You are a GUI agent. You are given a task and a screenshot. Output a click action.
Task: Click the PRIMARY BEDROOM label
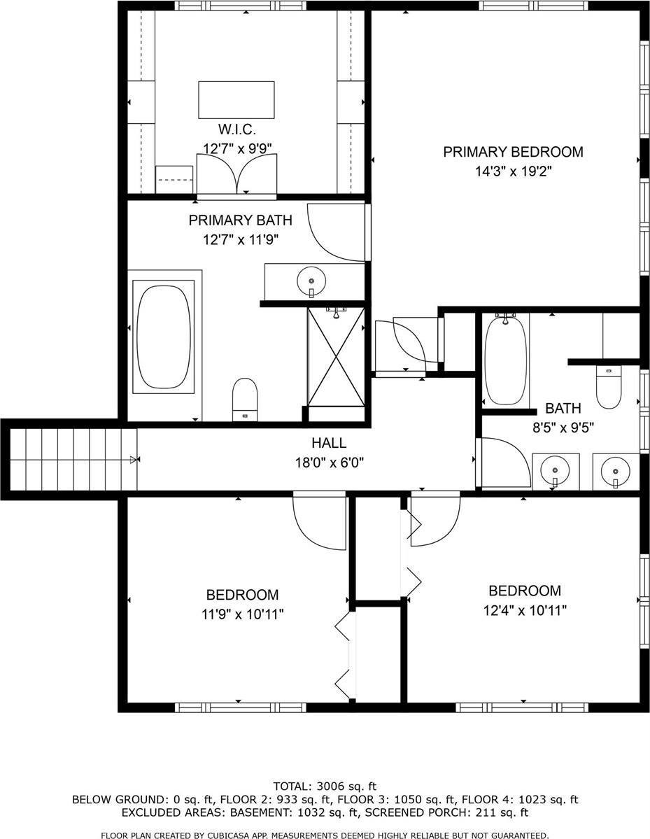click(x=513, y=152)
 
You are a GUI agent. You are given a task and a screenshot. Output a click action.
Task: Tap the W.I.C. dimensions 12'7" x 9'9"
click(x=237, y=148)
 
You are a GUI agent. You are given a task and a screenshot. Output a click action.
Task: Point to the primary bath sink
click(x=311, y=282)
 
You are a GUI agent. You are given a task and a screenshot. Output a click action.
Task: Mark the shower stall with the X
click(x=336, y=357)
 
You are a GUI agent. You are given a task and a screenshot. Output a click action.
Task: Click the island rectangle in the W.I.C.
click(x=236, y=99)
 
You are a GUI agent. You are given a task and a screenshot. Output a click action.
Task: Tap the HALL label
click(x=329, y=443)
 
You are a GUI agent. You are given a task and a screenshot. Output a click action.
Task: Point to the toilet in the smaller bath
click(x=608, y=387)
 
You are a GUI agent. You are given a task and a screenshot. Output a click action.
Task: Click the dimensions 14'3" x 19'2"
click(x=513, y=171)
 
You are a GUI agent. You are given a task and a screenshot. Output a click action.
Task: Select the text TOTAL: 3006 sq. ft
click(x=328, y=786)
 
